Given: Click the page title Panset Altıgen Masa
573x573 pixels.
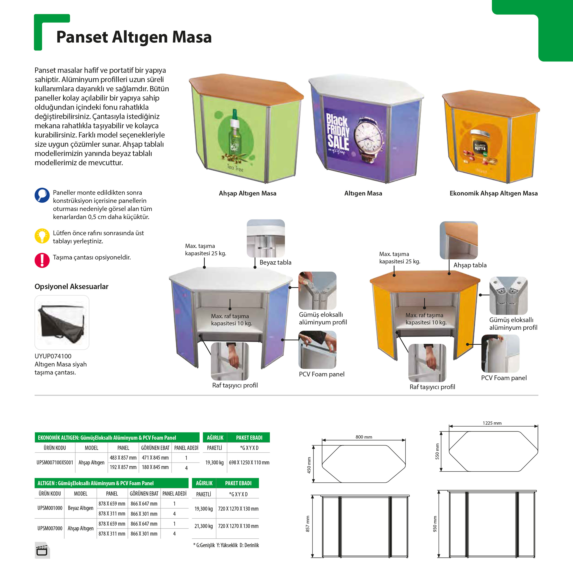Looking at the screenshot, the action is coord(134,37).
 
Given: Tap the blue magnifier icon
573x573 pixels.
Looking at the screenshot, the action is coord(42,195).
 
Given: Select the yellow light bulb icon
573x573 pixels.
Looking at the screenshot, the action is coord(42,236).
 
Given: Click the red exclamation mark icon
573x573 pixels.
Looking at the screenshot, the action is coord(42,260).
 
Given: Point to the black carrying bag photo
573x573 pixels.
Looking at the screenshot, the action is coord(62,323).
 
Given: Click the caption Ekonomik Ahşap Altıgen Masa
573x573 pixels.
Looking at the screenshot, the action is coord(494,193).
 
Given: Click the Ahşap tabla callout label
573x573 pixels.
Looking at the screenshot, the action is coord(470,265).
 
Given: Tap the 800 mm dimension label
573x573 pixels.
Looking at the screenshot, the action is coord(364,437).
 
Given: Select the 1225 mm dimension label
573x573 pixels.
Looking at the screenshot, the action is coord(492,423).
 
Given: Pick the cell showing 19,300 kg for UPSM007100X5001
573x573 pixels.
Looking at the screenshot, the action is coord(214,462).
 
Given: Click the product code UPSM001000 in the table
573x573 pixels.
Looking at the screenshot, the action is coord(50,508).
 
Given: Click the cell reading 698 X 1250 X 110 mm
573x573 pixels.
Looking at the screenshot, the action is coord(249,462).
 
